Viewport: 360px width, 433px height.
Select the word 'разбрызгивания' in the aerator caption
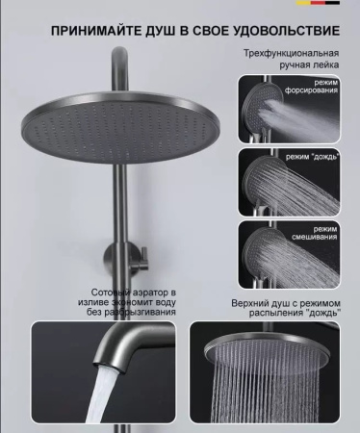(141, 312)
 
